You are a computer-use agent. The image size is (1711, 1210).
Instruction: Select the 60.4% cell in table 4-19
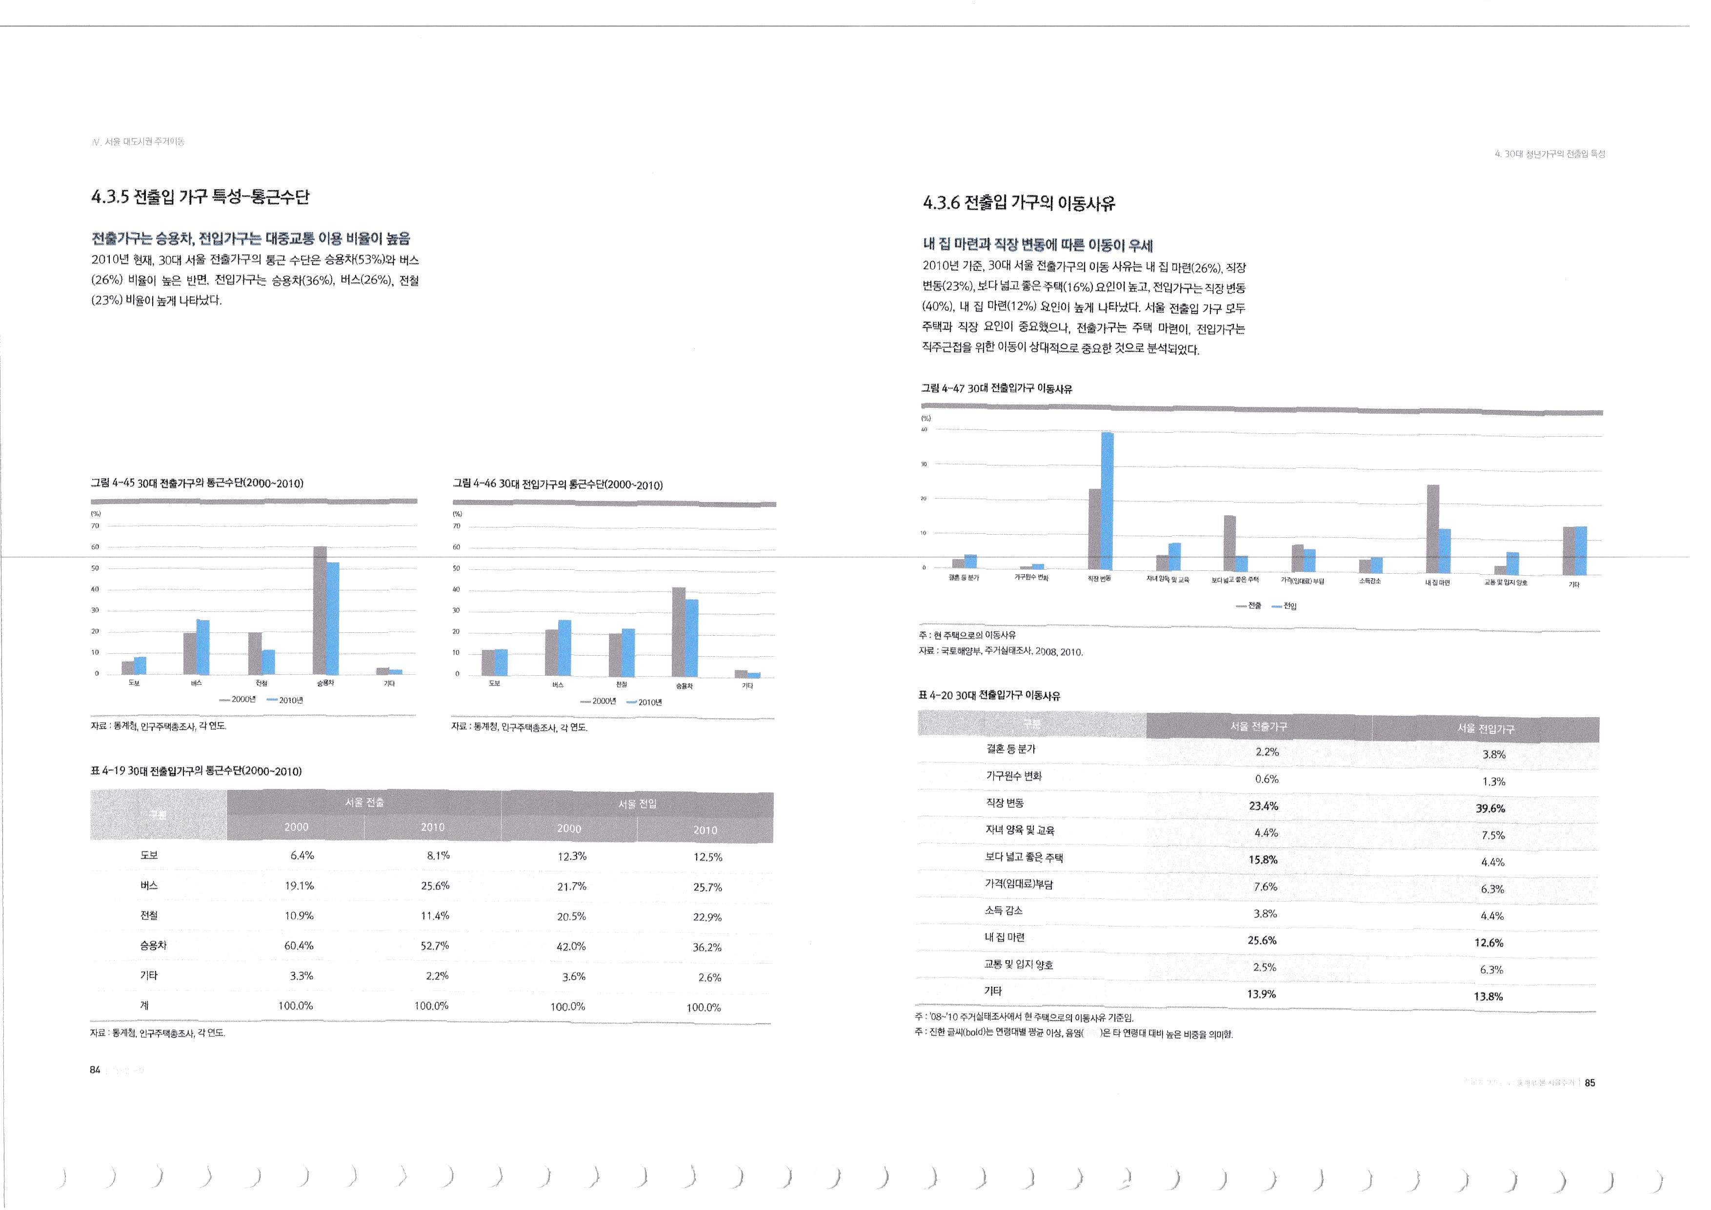[x=299, y=946]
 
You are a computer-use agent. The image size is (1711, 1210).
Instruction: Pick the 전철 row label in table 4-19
[x=149, y=915]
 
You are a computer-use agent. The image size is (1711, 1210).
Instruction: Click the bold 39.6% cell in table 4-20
[x=1490, y=808]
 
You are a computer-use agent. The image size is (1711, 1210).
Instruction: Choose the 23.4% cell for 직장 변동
[x=1263, y=806]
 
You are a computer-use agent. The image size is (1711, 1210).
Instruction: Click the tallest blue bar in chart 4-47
[x=1107, y=499]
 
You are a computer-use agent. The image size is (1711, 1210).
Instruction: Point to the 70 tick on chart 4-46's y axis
[x=457, y=526]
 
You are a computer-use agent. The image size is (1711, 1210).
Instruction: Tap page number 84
[x=95, y=1070]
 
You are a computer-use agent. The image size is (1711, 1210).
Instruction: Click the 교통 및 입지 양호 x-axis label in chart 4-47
[x=1505, y=582]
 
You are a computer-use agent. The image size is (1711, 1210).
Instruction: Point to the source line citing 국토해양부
[x=1000, y=651]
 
